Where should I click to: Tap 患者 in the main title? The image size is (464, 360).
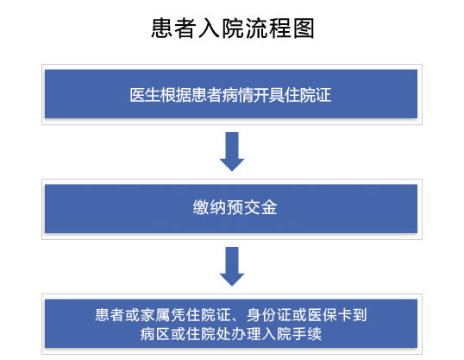point(174,28)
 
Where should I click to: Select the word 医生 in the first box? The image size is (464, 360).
point(145,95)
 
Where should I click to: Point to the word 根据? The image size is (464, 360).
point(176,95)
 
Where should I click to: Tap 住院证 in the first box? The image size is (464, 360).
point(307,95)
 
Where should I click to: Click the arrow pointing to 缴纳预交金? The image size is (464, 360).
point(232,152)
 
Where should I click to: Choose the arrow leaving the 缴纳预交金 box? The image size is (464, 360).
point(232,267)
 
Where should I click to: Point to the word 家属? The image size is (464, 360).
point(154,315)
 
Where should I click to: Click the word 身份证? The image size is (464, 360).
point(269,315)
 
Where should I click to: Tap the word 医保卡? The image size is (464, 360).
point(329,315)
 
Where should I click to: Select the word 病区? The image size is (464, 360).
point(155,334)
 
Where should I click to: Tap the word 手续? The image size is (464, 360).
point(306,334)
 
